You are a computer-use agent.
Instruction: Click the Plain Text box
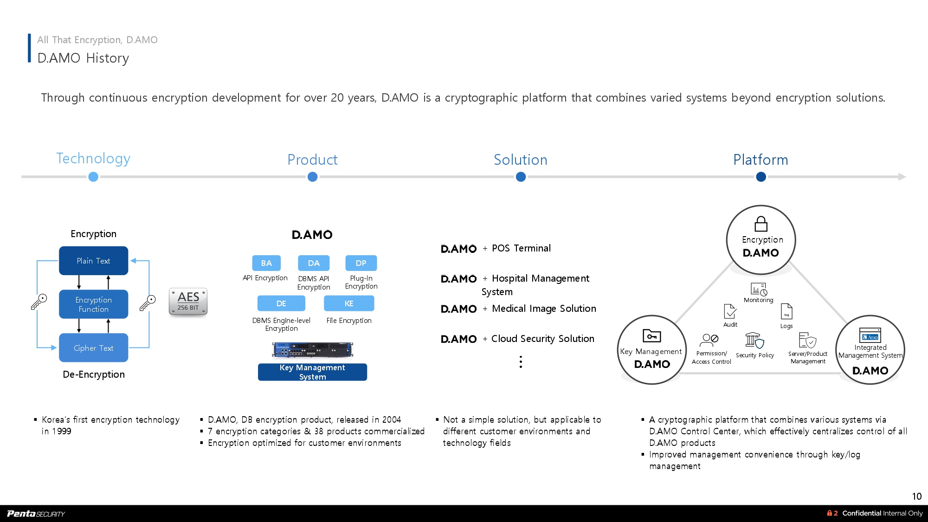[93, 261]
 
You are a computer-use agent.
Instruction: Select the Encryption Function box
[93, 304]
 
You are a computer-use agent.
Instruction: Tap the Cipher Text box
[93, 348]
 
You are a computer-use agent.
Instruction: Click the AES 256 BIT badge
[188, 301]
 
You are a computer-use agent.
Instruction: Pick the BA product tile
[266, 263]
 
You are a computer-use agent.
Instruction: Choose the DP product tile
[361, 263]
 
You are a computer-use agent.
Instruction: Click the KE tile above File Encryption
[349, 303]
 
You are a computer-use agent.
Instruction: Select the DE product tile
[281, 303]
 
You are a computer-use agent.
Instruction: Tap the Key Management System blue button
[312, 372]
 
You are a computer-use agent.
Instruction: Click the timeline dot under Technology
[93, 177]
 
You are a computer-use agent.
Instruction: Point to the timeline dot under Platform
[761, 177]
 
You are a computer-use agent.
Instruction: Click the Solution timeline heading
[521, 160]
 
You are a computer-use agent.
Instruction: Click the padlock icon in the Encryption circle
[761, 224]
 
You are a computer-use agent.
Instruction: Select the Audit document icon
[730, 311]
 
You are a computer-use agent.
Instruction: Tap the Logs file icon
[786, 311]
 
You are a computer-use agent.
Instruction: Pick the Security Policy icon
[754, 341]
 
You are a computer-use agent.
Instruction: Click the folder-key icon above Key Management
[651, 335]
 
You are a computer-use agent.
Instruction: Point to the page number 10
[917, 496]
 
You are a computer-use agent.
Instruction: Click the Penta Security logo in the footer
[36, 514]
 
